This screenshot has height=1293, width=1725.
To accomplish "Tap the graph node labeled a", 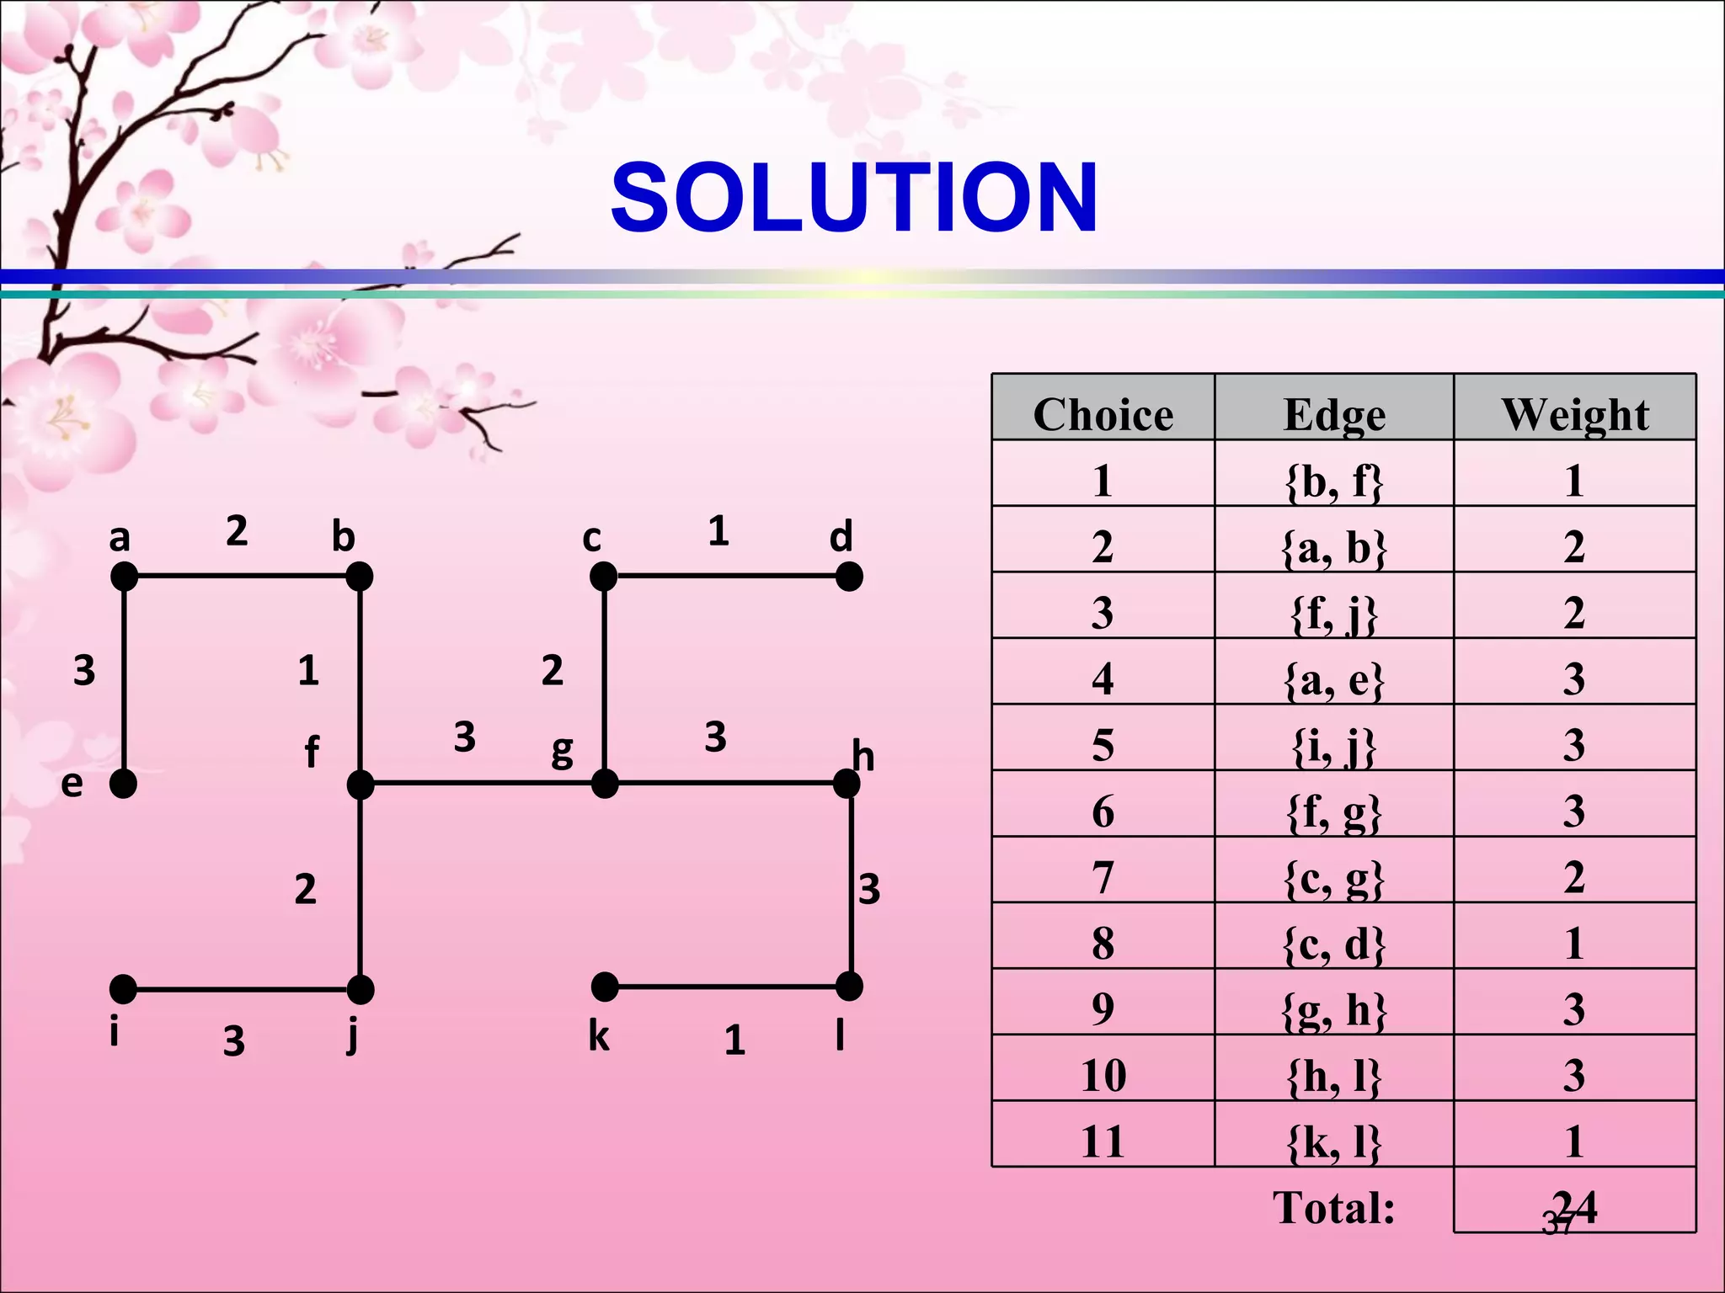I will (x=124, y=577).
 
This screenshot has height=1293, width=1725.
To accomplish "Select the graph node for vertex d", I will (x=849, y=577).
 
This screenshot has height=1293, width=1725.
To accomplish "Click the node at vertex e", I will (x=124, y=784).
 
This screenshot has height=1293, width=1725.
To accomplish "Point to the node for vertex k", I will (x=605, y=987).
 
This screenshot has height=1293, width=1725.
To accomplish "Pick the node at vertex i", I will (x=124, y=989).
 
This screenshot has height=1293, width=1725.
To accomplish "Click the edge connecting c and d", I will (x=726, y=577).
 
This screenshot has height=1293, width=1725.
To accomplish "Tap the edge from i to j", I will (x=242, y=989).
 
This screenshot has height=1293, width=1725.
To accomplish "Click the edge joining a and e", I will (x=124, y=680).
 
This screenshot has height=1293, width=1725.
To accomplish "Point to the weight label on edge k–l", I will (x=734, y=1041).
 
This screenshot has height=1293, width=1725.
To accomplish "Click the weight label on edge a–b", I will (x=237, y=531).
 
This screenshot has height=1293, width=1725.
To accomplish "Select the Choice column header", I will (x=1103, y=414).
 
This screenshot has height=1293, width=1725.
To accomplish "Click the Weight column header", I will (x=1574, y=414).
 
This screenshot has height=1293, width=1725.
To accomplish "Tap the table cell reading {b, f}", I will (x=1334, y=481).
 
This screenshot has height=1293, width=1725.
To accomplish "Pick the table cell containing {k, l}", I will (x=1334, y=1141).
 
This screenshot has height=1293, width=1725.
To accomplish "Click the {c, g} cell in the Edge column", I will (x=1334, y=877).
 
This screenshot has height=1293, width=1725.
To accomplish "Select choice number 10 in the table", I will (x=1103, y=1075).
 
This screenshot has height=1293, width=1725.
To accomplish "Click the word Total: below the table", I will (x=1333, y=1207).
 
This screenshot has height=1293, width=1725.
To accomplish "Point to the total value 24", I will (x=1574, y=1207).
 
